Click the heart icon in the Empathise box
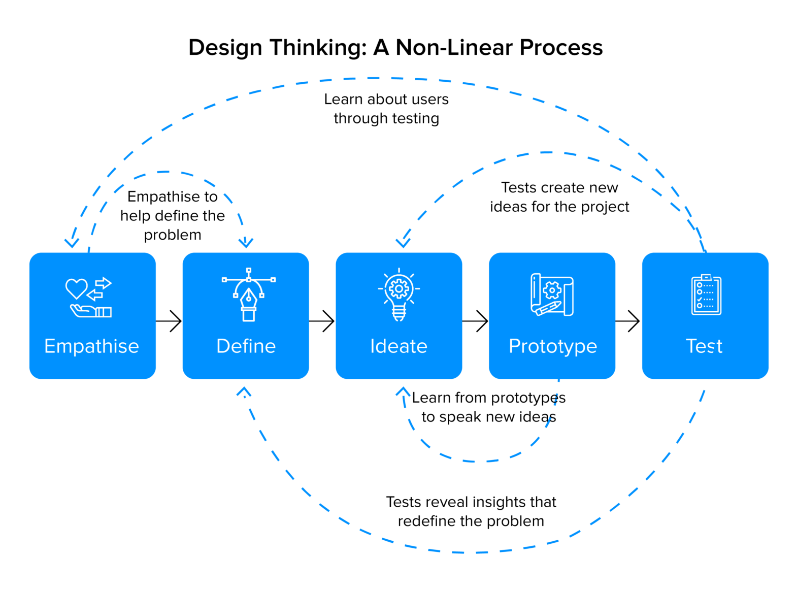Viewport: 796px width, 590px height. point(77,288)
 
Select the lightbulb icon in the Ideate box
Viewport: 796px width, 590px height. point(399,295)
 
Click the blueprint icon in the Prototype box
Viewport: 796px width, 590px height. point(552,295)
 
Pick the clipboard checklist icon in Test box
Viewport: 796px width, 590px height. point(706,295)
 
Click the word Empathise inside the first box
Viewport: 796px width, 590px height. point(91,346)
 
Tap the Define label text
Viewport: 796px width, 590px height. point(246,346)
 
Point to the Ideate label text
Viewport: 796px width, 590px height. point(399,346)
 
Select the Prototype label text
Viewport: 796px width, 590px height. point(552,346)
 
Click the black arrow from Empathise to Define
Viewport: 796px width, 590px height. point(169,321)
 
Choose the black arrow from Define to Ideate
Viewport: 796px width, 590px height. point(322,321)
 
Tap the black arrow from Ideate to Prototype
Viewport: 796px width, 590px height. point(475,321)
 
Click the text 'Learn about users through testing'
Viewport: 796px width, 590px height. point(386,109)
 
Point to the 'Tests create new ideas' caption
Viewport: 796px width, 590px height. point(559,197)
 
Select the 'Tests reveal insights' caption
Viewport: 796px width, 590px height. point(471,511)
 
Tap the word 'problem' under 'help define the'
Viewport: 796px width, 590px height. point(173,235)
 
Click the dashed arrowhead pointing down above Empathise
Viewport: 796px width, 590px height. point(72,243)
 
